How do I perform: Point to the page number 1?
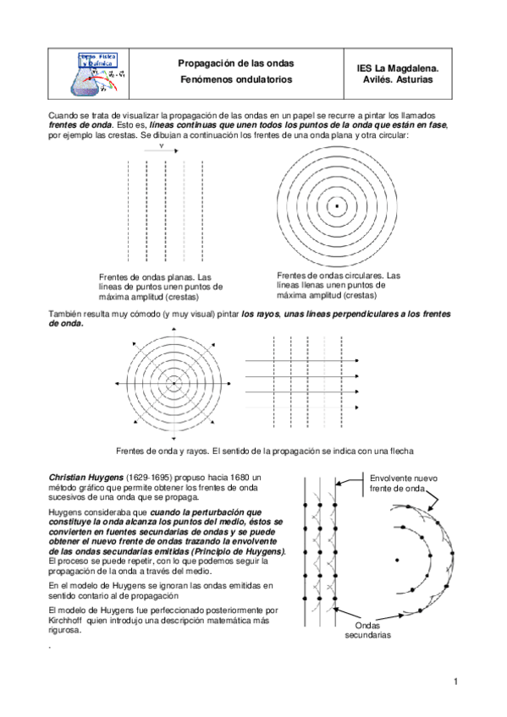[455, 681]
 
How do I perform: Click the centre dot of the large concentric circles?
[337, 205]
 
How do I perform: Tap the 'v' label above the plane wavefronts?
[161, 145]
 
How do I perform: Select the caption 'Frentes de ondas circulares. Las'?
[339, 275]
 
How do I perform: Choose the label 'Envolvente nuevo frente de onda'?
[403, 484]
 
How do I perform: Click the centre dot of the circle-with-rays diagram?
[174, 383]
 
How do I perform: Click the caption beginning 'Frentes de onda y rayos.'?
[264, 450]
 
